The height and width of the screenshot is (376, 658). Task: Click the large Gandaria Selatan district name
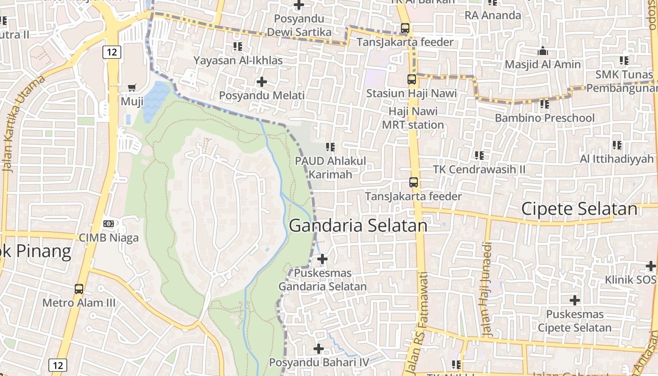tap(358, 226)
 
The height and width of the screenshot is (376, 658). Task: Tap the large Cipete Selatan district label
tap(579, 209)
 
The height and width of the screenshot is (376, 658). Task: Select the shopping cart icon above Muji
tap(132, 87)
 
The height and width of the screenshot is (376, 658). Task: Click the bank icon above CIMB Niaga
tap(109, 224)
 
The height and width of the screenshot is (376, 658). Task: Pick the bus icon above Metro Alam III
tap(79, 289)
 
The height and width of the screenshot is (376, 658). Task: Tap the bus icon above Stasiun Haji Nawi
tap(412, 79)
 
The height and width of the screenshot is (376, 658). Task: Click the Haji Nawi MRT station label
tap(413, 118)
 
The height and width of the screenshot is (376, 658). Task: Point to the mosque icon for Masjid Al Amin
tap(543, 50)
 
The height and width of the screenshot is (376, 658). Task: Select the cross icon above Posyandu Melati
tap(262, 82)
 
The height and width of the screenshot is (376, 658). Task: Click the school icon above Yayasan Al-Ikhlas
tap(238, 47)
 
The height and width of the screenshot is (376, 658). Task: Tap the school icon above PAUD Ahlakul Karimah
tap(330, 147)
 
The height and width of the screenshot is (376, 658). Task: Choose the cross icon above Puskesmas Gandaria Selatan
tap(322, 259)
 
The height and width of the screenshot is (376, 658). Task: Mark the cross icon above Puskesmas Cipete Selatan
tap(574, 300)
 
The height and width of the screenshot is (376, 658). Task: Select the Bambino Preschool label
tap(544, 118)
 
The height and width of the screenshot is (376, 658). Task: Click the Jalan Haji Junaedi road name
tap(487, 289)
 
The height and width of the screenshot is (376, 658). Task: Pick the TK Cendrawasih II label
tap(479, 169)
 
